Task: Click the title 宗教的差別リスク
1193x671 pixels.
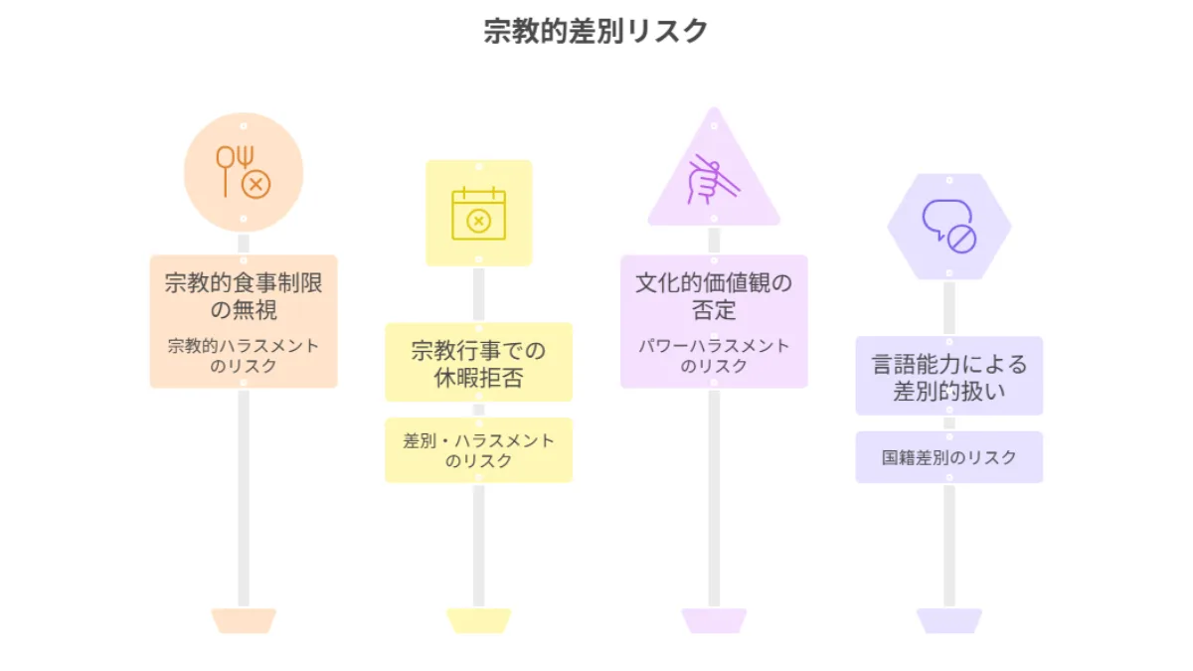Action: (x=596, y=31)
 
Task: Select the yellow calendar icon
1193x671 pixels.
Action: (x=478, y=214)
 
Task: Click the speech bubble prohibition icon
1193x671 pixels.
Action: (x=948, y=226)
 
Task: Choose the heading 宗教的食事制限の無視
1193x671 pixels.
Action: (x=244, y=295)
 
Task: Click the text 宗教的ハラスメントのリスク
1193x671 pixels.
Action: (x=244, y=356)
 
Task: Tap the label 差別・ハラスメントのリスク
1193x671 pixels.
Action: (x=478, y=450)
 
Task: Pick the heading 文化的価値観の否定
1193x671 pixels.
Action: (x=714, y=295)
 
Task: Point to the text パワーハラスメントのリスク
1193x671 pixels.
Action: (x=714, y=356)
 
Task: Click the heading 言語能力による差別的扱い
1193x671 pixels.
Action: (x=948, y=377)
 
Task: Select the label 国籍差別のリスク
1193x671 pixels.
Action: (x=948, y=457)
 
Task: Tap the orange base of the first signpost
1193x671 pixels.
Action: (x=244, y=620)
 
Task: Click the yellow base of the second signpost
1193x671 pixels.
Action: (x=478, y=620)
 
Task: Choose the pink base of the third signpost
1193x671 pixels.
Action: (x=714, y=620)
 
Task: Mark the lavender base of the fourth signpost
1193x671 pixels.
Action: (x=948, y=620)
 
